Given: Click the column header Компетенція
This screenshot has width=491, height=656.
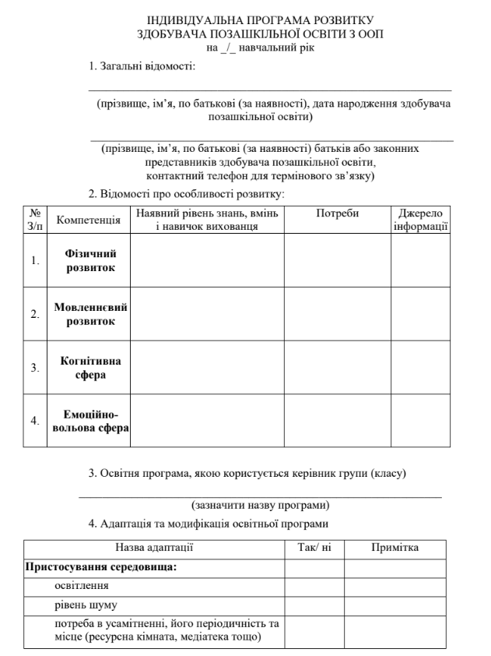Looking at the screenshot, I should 89,220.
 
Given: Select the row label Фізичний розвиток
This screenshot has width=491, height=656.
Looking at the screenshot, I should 90,261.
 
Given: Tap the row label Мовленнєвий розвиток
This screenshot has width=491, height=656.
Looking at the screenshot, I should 90,314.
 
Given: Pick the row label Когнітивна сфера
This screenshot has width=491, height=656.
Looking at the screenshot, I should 90,367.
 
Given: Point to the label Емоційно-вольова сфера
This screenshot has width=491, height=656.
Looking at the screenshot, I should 90,421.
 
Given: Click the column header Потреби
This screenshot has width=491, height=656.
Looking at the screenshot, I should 337,213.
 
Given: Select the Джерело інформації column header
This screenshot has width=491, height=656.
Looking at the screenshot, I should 420,220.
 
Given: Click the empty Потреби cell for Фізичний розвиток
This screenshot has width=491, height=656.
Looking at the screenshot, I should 337,261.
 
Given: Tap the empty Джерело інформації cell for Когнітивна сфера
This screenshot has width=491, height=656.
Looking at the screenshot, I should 420,367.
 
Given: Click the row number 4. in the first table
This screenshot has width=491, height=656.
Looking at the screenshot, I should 35,421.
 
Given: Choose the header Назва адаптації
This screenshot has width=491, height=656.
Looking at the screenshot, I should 154,548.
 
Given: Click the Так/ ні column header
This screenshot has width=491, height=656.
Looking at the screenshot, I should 314,548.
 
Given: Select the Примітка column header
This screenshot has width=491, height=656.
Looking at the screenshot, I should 395,548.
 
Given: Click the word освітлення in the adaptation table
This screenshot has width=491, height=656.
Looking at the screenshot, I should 81,585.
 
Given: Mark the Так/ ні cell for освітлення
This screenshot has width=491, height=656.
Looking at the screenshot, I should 314,585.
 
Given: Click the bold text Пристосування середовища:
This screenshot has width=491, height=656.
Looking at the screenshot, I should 102,566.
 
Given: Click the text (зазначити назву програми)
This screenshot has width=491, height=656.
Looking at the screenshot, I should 260,505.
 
